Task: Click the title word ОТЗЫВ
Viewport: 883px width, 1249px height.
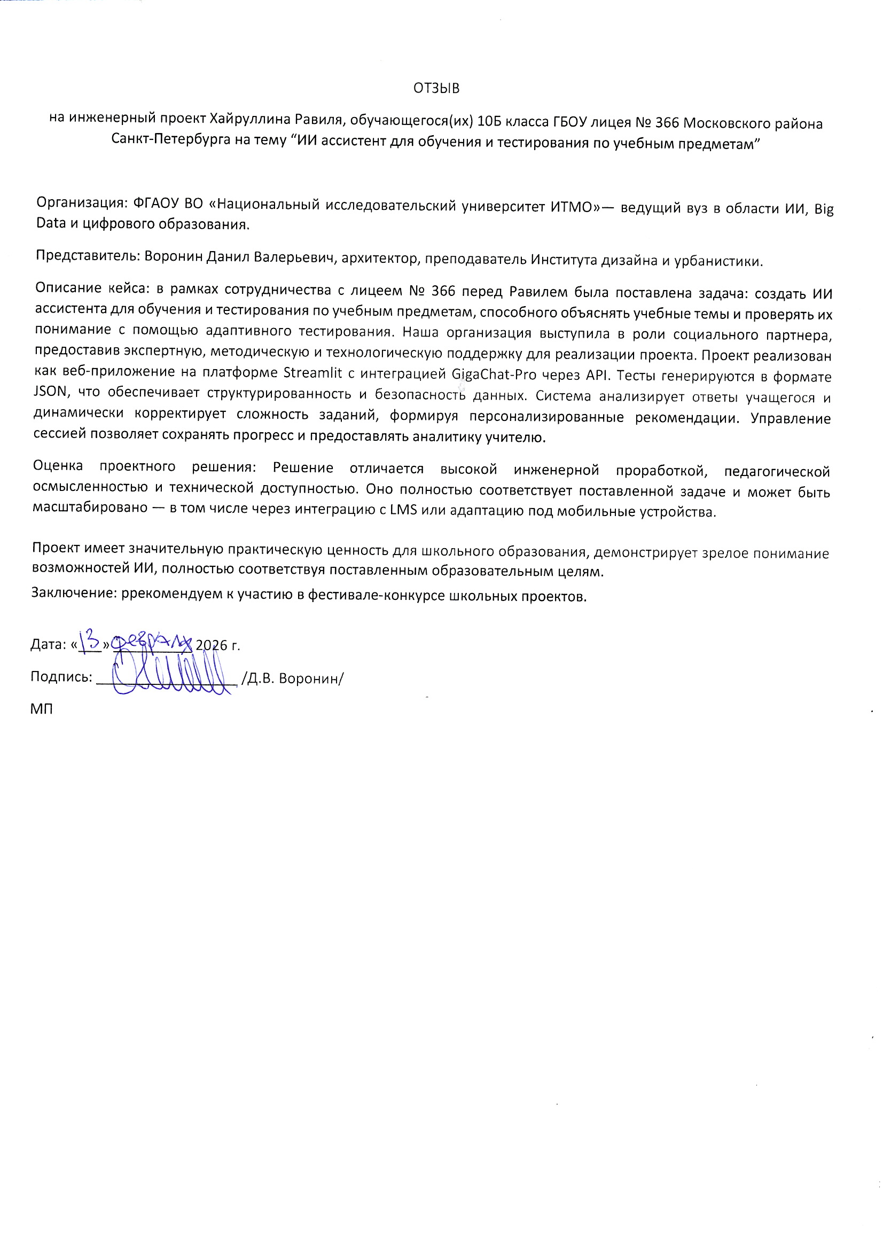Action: click(436, 88)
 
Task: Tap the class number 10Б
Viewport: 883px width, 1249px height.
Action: click(489, 121)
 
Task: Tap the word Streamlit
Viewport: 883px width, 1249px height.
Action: click(312, 373)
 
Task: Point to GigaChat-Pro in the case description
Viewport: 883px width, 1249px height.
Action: click(494, 375)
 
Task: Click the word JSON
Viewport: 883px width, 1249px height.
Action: click(50, 391)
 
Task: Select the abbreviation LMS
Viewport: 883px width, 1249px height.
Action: click(403, 511)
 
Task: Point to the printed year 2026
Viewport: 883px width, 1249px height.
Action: click(211, 645)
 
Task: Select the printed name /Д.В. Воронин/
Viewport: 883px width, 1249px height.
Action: click(292, 678)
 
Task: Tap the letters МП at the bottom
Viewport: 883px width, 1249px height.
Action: click(41, 709)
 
